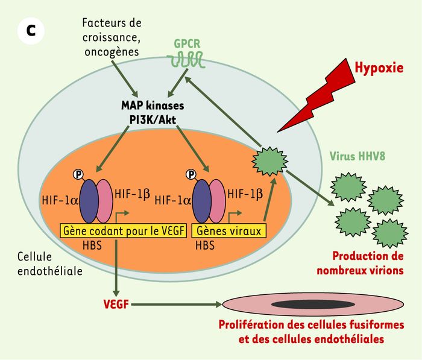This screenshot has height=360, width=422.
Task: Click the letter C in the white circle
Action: (x=31, y=31)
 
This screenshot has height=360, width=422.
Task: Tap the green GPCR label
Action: (x=187, y=44)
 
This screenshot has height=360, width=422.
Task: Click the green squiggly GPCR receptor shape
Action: (x=185, y=60)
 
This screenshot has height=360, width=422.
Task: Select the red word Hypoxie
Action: (x=379, y=68)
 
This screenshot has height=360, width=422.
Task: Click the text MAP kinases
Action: (x=153, y=106)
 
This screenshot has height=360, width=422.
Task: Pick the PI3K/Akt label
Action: (x=153, y=120)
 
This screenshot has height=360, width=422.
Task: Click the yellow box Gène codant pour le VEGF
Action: (x=124, y=231)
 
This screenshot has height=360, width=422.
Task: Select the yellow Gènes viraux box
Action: (x=228, y=231)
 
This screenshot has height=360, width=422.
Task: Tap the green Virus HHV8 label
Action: (x=357, y=156)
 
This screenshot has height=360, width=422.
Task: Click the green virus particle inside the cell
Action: (x=270, y=161)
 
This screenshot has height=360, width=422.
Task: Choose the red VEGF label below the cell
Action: (x=116, y=305)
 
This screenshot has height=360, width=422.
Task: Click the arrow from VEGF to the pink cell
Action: (x=177, y=305)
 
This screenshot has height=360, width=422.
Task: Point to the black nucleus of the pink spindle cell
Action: (x=313, y=305)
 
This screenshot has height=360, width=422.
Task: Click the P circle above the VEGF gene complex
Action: (x=78, y=175)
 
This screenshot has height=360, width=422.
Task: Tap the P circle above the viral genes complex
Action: (x=191, y=175)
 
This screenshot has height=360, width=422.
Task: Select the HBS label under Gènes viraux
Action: (x=205, y=245)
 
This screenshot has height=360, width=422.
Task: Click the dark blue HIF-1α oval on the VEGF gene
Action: (x=89, y=201)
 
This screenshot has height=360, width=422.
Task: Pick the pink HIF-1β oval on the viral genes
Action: (x=218, y=201)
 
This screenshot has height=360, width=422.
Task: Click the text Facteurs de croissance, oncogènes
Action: (x=112, y=37)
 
